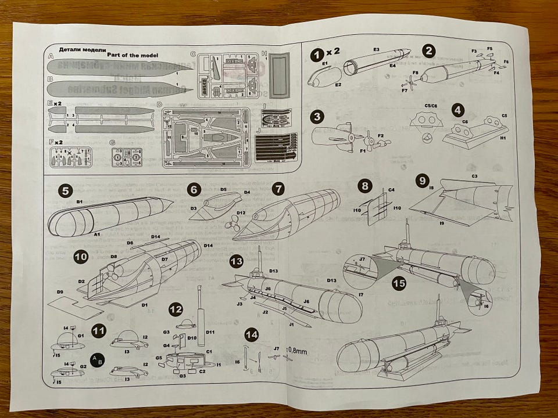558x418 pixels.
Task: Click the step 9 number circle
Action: point(423,181)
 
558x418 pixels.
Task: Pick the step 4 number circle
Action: point(460,109)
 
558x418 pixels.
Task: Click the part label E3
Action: point(376,50)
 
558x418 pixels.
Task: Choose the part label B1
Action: point(80,201)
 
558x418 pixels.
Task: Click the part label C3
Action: point(474,175)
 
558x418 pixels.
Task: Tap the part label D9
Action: point(60,290)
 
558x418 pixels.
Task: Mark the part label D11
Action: point(210,332)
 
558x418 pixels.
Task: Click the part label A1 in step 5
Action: point(97,233)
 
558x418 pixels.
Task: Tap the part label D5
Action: point(223,189)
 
